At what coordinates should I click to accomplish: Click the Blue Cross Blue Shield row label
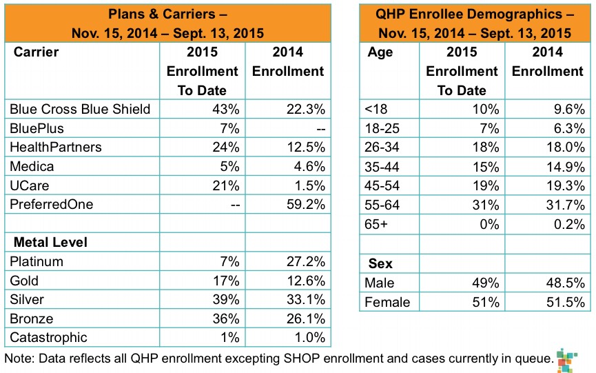(80, 109)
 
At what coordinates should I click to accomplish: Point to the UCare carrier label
(28, 185)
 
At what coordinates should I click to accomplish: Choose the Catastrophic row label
(49, 337)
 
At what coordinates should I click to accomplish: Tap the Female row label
(388, 302)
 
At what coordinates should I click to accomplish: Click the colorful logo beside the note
(566, 360)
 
